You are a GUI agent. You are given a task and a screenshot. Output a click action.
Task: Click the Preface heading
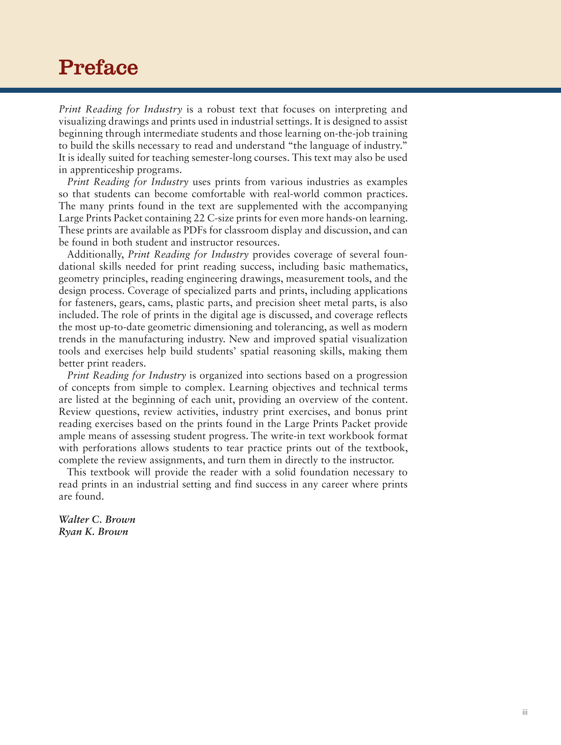pos(98,67)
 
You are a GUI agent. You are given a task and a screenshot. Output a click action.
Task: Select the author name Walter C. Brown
pos(97,519)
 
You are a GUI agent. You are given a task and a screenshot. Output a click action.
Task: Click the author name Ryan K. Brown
pos(93,532)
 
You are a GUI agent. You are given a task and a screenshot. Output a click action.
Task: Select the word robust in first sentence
pos(221,109)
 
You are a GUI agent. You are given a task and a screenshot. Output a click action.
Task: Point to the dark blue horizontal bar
pos(280,90)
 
